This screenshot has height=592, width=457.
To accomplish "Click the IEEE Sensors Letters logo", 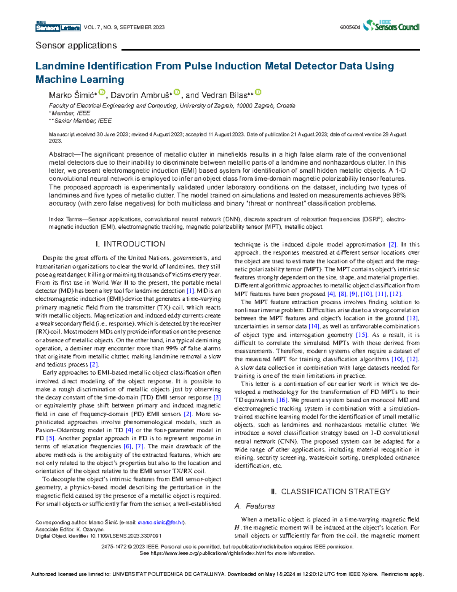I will coord(58,27).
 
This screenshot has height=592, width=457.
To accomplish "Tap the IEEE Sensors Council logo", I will coord(391,26).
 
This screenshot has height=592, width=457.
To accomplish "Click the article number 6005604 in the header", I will coord(350,27).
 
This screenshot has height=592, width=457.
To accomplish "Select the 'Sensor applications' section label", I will coord(76,46).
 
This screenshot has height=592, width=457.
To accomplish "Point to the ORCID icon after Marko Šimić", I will coord(102,92).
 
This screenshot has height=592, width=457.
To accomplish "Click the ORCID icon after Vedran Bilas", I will coord(258,92).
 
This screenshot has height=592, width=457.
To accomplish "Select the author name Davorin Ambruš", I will coord(140,95).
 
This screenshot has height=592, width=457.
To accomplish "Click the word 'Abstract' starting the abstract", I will coord(61,154).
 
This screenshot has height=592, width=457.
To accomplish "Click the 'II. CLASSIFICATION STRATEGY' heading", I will coord(331,491).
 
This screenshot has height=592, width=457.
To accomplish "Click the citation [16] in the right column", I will coord(282,400).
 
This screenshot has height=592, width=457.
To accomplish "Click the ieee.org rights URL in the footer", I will coord(208,553).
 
